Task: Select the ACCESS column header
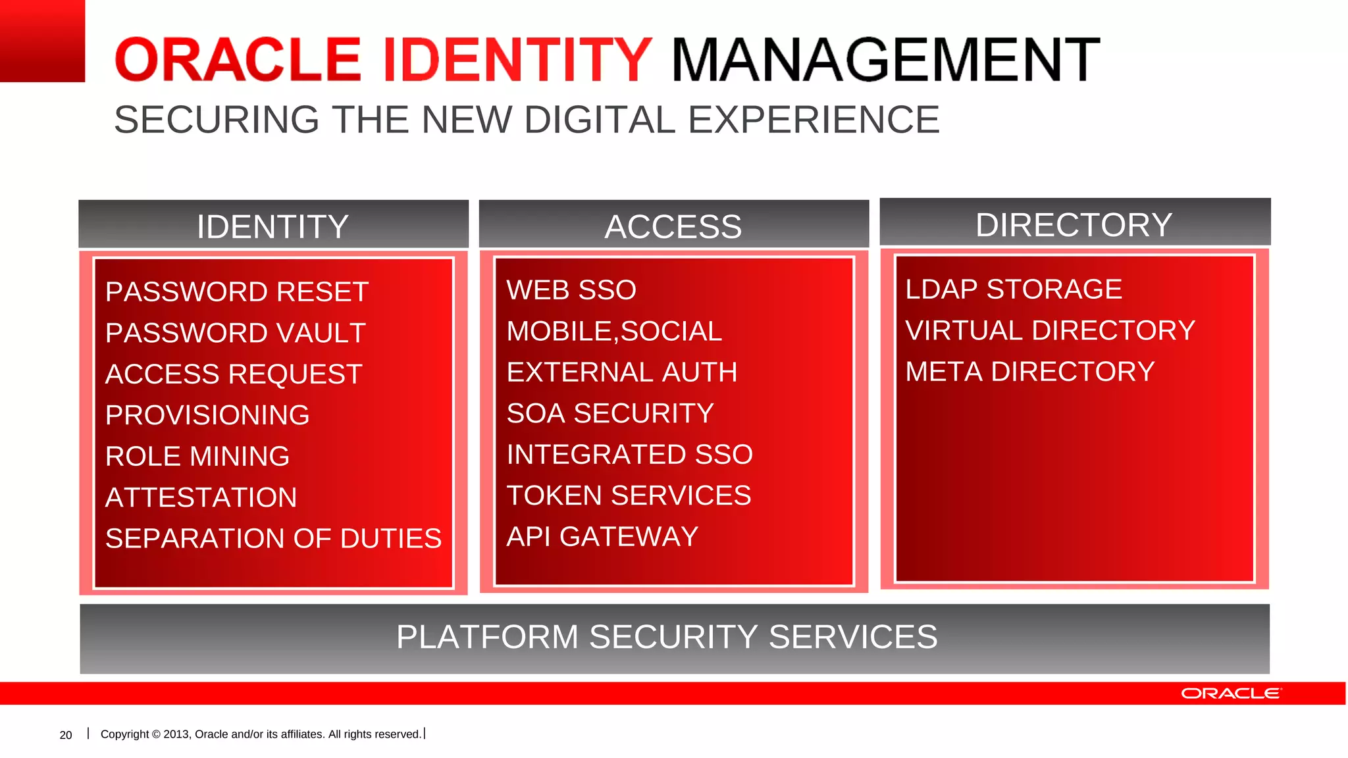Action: pos(673,226)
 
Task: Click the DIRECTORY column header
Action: pos(1074,224)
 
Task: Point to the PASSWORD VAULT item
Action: pos(235,333)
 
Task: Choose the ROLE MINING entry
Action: pos(197,456)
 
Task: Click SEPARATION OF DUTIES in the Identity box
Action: pos(273,538)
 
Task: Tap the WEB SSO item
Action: pos(571,290)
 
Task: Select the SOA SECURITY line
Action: pos(610,413)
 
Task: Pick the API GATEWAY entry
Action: pos(602,536)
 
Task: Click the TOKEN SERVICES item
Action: pos(629,495)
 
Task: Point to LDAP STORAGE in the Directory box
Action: pos(1014,289)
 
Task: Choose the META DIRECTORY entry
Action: pos(1030,371)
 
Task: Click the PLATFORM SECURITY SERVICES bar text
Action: pos(667,637)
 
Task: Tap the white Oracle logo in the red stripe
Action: pos(1231,694)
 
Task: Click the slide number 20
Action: pos(66,735)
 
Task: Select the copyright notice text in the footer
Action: pos(261,734)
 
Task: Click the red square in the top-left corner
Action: pos(42,41)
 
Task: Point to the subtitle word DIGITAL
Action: pos(600,120)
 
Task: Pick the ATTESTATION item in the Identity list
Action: pos(201,497)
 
